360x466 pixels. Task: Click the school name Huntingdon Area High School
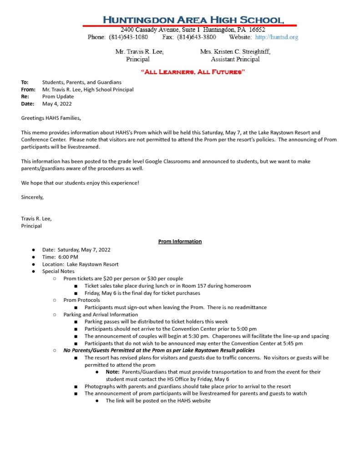193,20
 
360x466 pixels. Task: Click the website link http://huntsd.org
277,37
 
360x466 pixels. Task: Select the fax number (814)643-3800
197,37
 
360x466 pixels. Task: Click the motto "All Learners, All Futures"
193,72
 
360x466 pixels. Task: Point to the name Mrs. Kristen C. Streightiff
235,52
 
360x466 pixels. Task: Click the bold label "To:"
25,82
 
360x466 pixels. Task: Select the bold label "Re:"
25,97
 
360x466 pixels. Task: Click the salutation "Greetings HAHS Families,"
51,118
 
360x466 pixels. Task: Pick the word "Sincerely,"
32,197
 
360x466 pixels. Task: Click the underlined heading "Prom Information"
180,242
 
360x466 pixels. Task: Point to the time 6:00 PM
68,257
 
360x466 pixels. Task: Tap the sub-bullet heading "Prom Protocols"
81,300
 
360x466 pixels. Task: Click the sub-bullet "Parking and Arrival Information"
101,314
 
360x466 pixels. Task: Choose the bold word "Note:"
112,372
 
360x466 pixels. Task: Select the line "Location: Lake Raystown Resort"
81,264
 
